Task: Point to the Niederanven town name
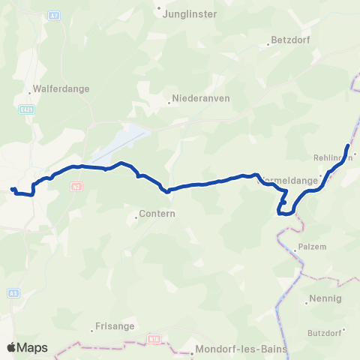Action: coord(200,98)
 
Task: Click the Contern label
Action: coord(157,214)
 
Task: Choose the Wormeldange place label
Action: coord(288,181)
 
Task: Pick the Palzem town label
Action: coord(313,246)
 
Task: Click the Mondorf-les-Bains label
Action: coord(232,349)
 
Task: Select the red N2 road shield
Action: coord(76,186)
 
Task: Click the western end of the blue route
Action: coord(13,189)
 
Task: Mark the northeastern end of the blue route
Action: coord(348,145)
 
